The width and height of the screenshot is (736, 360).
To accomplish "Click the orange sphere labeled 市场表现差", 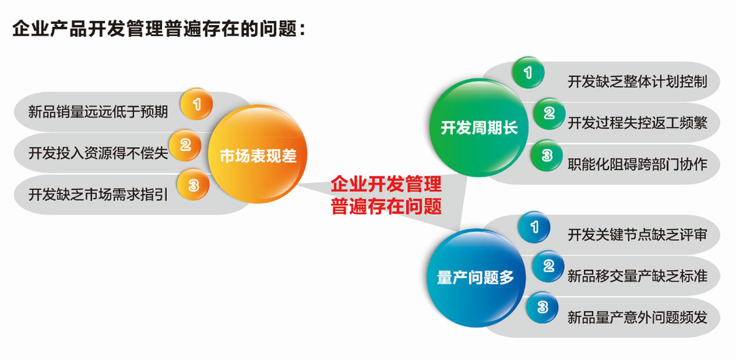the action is pyautogui.click(x=258, y=154).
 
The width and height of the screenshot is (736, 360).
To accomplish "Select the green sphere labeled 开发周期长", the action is pyautogui.click(x=479, y=128).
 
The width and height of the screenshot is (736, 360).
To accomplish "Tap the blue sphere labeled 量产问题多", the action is pyautogui.click(x=476, y=278).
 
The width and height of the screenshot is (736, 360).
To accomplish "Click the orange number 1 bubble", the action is pyautogui.click(x=196, y=104).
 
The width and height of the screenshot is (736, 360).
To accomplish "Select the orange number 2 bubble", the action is pyautogui.click(x=185, y=145).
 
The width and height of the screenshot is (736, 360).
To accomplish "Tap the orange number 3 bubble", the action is pyautogui.click(x=193, y=185).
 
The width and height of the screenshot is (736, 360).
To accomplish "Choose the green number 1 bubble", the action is pyautogui.click(x=528, y=72).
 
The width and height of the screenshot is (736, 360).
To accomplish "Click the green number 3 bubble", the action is pyautogui.click(x=546, y=155).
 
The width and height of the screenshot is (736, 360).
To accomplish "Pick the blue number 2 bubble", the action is pyautogui.click(x=548, y=266).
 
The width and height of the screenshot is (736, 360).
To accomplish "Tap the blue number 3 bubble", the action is pyautogui.click(x=542, y=307).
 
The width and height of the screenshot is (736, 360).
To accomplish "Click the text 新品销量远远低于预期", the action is pyautogui.click(x=98, y=112).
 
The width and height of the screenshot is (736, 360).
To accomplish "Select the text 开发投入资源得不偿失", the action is pyautogui.click(x=98, y=153).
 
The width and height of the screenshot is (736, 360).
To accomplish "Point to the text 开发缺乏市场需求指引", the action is pyautogui.click(x=98, y=194).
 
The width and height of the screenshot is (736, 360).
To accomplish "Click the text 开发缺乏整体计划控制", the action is pyautogui.click(x=637, y=82).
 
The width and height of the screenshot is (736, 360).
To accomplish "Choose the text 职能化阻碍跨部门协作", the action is pyautogui.click(x=637, y=164).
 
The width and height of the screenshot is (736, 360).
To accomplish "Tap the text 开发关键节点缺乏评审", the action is pyautogui.click(x=637, y=234).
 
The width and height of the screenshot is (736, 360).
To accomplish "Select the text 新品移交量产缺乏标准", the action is pyautogui.click(x=637, y=276).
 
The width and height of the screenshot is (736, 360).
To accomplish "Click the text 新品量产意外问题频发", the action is pyautogui.click(x=637, y=317).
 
